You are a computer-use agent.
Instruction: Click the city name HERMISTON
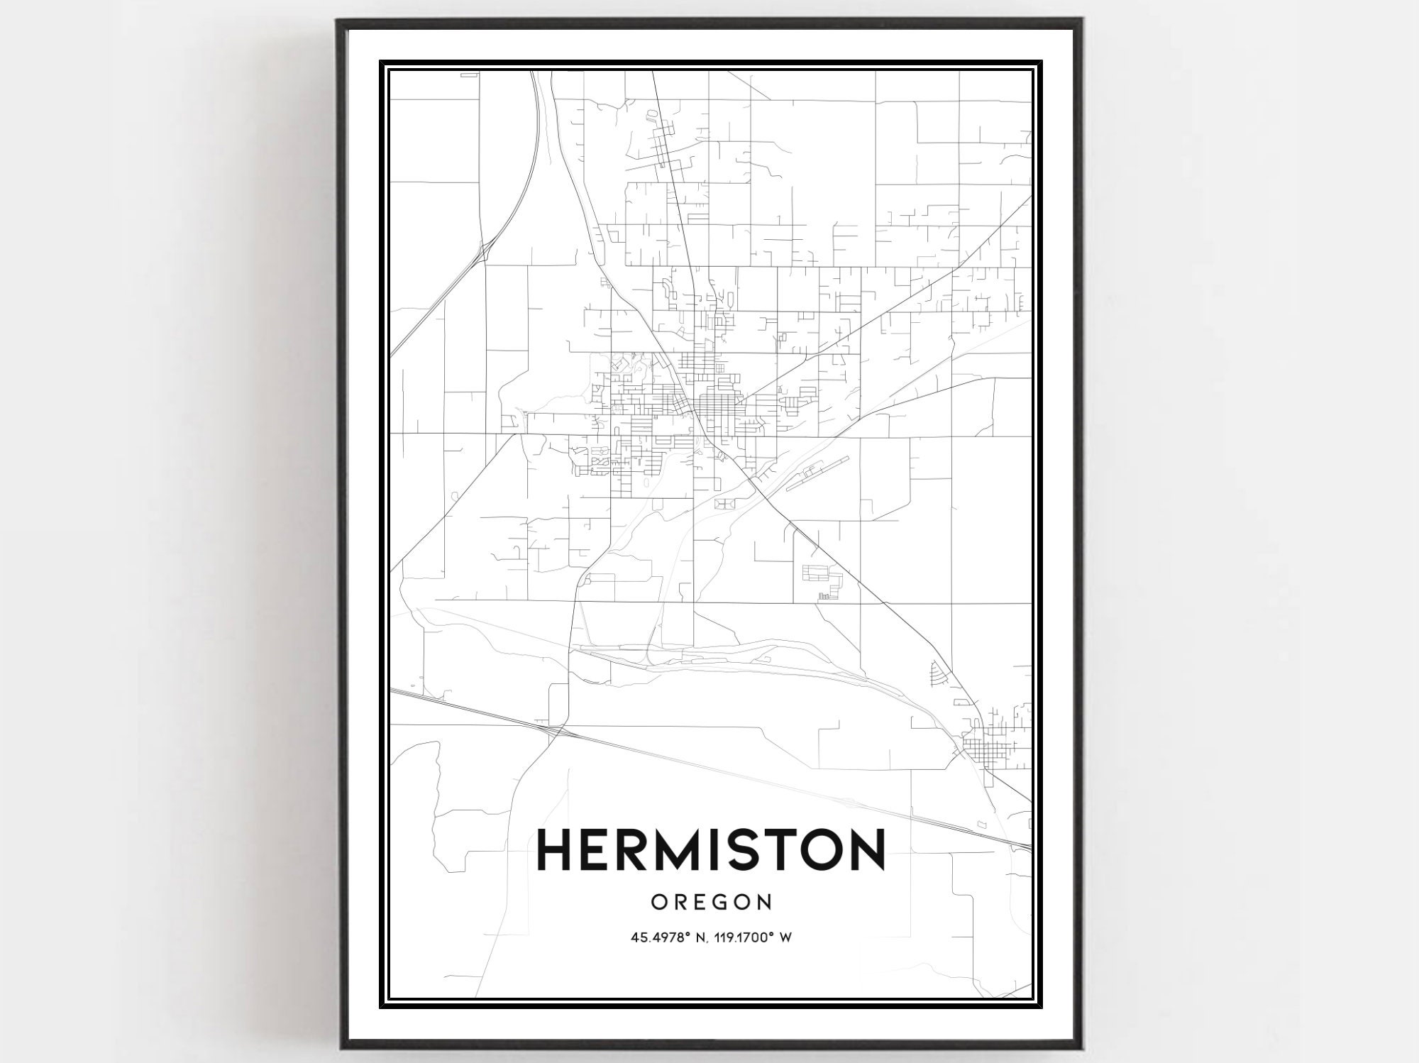pos(711,849)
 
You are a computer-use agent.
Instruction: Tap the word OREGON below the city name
pos(711,902)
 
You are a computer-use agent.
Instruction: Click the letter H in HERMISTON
pos(558,849)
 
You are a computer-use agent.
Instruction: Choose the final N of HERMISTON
pos(865,849)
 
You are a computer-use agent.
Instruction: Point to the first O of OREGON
pos(659,902)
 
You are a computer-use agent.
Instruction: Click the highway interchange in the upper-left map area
pos(485,250)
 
